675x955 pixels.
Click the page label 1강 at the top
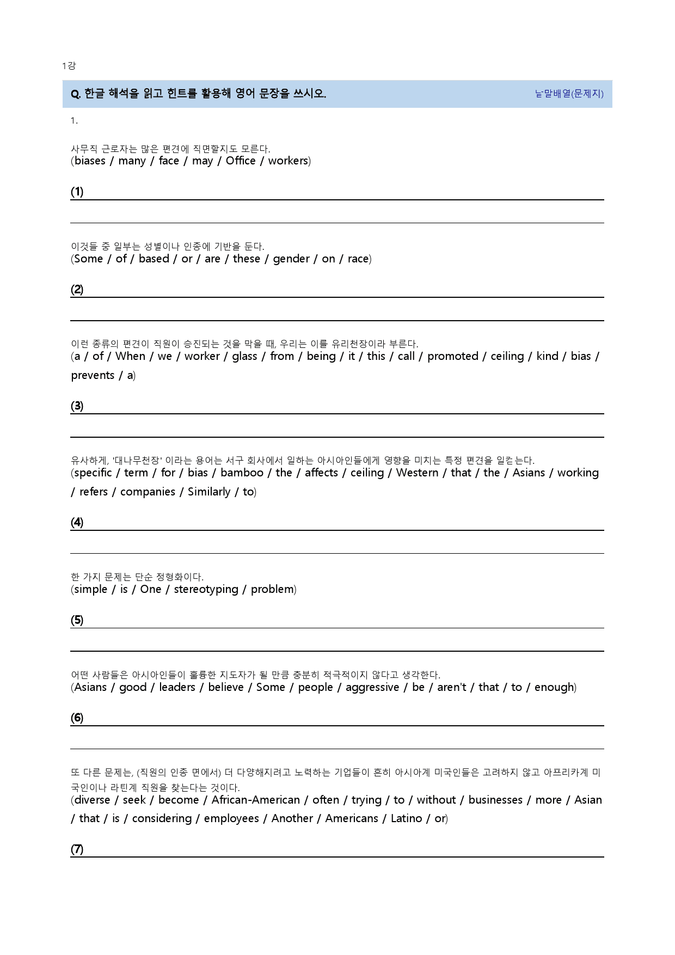[x=69, y=66]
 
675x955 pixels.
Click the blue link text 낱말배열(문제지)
[x=569, y=94]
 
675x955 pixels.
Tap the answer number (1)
[x=77, y=192]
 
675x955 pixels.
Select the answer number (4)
[x=77, y=523]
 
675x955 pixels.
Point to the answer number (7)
[x=77, y=849]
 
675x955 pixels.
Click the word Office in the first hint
[x=241, y=161]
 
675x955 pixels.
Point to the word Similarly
[x=209, y=492]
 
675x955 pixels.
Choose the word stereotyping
[x=206, y=589]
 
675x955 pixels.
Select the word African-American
[x=255, y=800]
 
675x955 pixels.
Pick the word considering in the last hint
[x=162, y=818]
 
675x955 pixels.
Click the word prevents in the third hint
[x=93, y=375]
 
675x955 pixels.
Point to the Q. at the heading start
[x=76, y=94]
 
